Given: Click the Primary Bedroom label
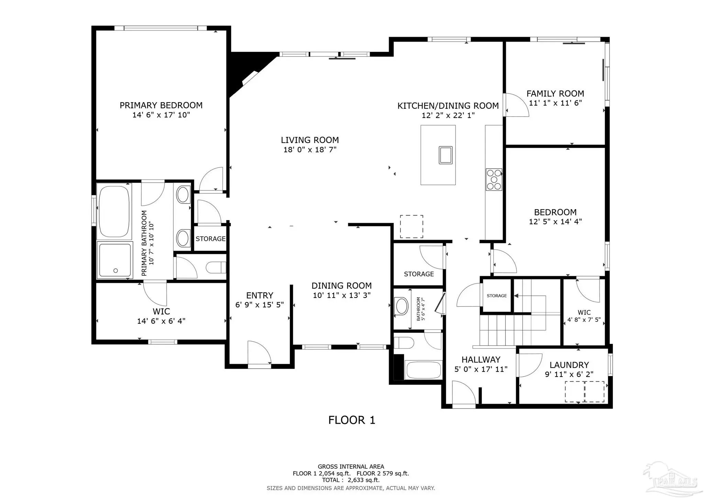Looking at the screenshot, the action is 161,105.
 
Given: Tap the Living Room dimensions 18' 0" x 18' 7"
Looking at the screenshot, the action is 310,150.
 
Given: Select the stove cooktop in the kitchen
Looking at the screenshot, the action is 494,180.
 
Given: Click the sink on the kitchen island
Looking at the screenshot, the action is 445,155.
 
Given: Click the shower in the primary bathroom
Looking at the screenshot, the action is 115,260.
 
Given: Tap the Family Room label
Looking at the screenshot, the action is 555,94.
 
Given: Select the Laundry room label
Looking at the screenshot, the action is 569,365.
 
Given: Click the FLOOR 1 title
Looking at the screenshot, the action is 352,420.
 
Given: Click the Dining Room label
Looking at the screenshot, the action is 341,286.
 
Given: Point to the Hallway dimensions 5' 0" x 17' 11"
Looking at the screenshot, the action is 481,369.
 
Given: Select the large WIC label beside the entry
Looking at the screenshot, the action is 161,312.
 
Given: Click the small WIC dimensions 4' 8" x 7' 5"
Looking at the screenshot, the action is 584,320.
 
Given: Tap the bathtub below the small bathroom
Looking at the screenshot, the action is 423,370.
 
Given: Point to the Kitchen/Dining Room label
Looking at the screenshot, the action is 448,106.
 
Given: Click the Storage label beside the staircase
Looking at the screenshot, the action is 497,296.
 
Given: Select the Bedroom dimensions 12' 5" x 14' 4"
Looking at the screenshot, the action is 555,222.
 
